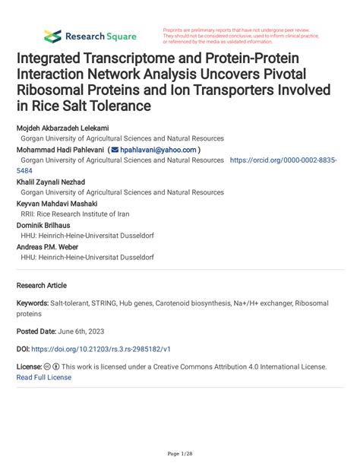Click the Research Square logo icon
point(52,36)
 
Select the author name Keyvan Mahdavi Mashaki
point(60,204)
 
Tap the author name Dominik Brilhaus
point(46,225)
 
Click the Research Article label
point(41,285)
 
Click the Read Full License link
point(43,377)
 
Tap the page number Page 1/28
point(179,454)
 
